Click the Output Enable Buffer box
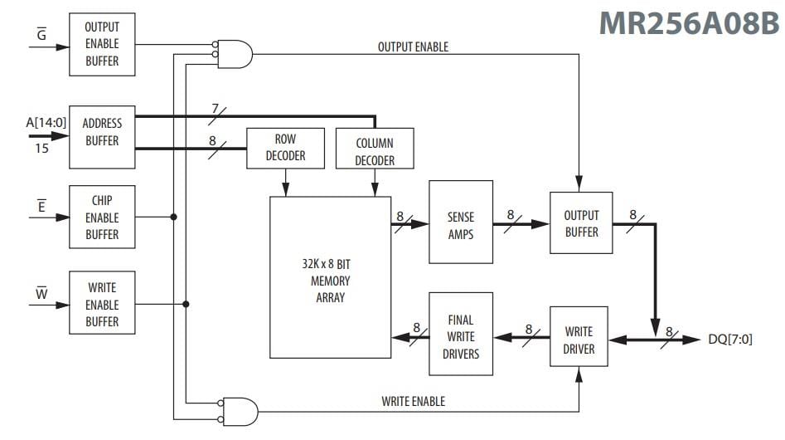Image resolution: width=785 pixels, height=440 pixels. point(102,45)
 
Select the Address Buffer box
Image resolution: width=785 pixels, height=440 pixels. point(102,132)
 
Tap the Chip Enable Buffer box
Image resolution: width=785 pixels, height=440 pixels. point(102,218)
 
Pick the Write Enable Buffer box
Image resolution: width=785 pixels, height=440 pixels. point(102,305)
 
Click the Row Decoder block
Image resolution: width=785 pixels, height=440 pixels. point(284,149)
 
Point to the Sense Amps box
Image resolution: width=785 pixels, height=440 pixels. point(460,223)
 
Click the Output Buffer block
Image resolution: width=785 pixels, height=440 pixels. point(580,223)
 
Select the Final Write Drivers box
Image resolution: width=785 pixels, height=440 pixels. point(460,336)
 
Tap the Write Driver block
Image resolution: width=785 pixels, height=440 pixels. point(579,340)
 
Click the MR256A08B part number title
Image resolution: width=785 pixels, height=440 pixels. point(690,23)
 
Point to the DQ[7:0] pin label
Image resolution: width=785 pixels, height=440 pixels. point(730,340)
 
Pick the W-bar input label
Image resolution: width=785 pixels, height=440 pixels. point(41,291)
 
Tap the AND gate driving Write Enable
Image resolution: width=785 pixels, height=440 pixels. point(240,409)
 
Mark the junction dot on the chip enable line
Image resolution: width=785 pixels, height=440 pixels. point(173,218)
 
